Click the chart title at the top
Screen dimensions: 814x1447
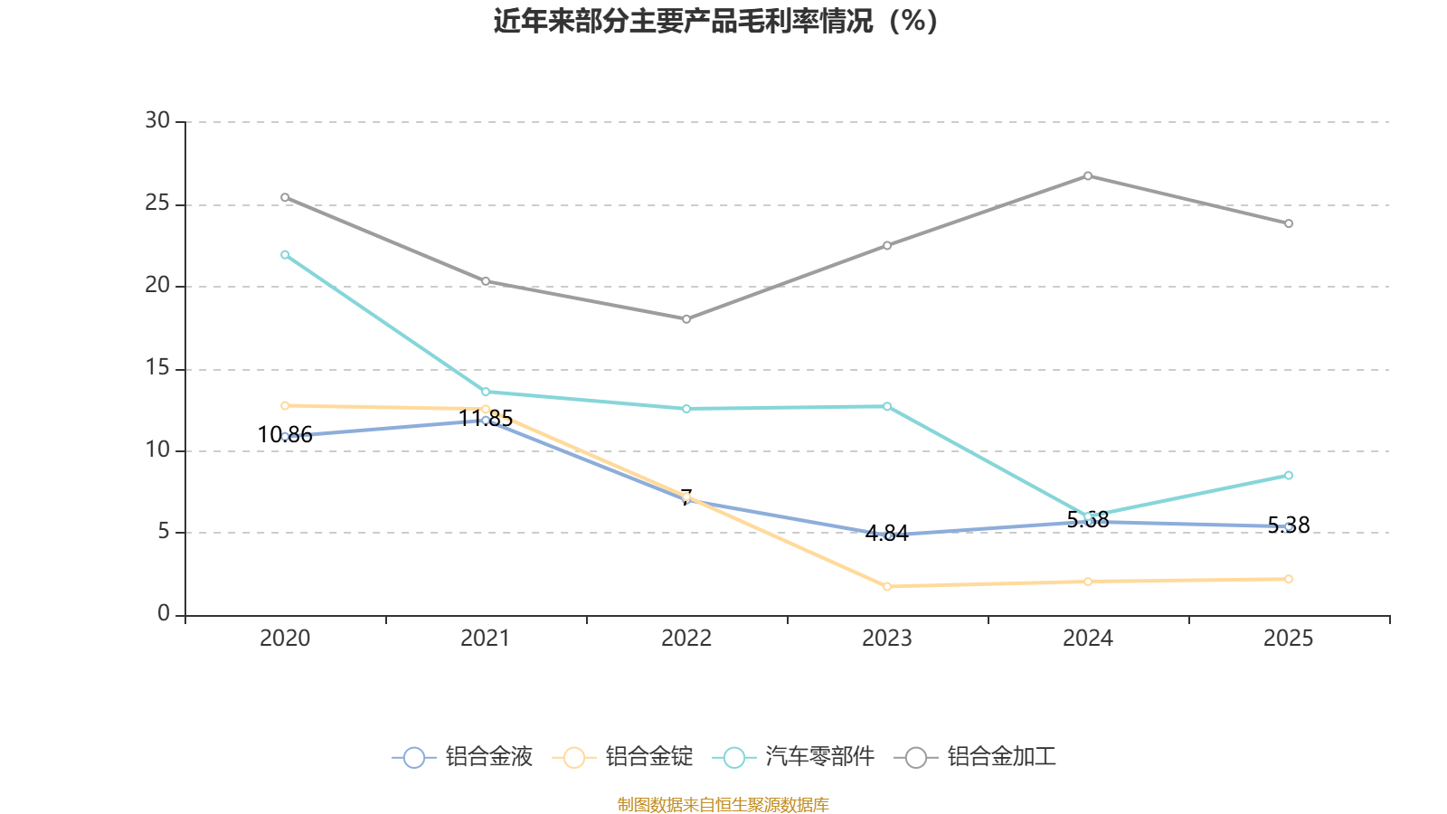(x=715, y=21)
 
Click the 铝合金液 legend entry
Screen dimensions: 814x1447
(x=463, y=757)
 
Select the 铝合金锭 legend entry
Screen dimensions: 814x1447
(x=627, y=757)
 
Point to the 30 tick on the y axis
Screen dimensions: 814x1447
(x=157, y=121)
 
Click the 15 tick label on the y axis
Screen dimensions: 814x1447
(x=157, y=368)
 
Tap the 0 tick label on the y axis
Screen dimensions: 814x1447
(x=164, y=614)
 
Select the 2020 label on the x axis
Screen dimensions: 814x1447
(x=285, y=639)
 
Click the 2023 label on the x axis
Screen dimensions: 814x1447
(x=887, y=639)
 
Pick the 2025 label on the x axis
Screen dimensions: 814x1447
(x=1288, y=639)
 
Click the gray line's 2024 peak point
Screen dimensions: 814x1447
(x=1088, y=175)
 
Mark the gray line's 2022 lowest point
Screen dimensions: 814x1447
(x=686, y=319)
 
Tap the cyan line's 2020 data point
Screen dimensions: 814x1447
(x=285, y=255)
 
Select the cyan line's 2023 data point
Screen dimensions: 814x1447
(x=887, y=406)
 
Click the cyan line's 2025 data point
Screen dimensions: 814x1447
(x=1289, y=476)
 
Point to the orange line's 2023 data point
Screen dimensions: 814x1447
(x=887, y=587)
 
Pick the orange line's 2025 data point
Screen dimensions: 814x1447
(x=1289, y=579)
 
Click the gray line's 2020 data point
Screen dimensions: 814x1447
(x=285, y=197)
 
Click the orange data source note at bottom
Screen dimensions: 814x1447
(x=723, y=804)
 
